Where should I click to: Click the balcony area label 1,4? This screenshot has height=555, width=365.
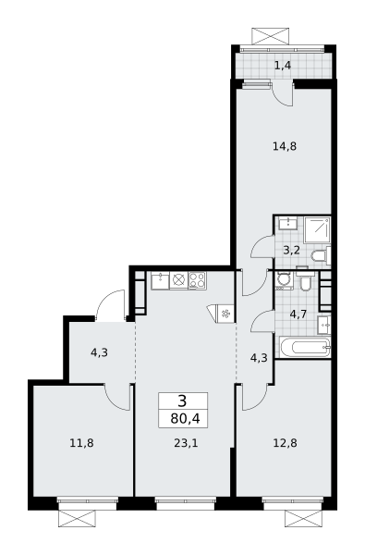coord(282,65)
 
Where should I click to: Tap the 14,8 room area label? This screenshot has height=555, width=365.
coord(285,146)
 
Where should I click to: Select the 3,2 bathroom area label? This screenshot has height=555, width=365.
coord(292,251)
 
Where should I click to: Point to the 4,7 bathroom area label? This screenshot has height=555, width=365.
coord(298,314)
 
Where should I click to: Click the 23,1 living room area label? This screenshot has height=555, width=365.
coord(186,442)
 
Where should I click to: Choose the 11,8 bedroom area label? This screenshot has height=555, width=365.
coord(81,442)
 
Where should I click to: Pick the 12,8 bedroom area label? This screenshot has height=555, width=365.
coord(285,442)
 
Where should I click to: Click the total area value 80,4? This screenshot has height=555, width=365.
coord(185,419)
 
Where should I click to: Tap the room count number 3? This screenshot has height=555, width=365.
coord(183,401)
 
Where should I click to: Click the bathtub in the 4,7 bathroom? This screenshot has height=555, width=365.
coord(305,347)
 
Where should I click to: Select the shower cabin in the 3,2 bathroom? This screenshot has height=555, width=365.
coord(317,229)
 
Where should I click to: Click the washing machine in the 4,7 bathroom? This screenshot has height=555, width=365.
coord(284,280)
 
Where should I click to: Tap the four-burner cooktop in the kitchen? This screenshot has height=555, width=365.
coord(198,280)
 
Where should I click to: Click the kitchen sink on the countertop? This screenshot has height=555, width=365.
coord(160,281)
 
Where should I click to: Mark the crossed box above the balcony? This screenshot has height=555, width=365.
coord(270,36)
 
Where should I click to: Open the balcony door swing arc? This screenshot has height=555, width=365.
coord(283,95)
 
